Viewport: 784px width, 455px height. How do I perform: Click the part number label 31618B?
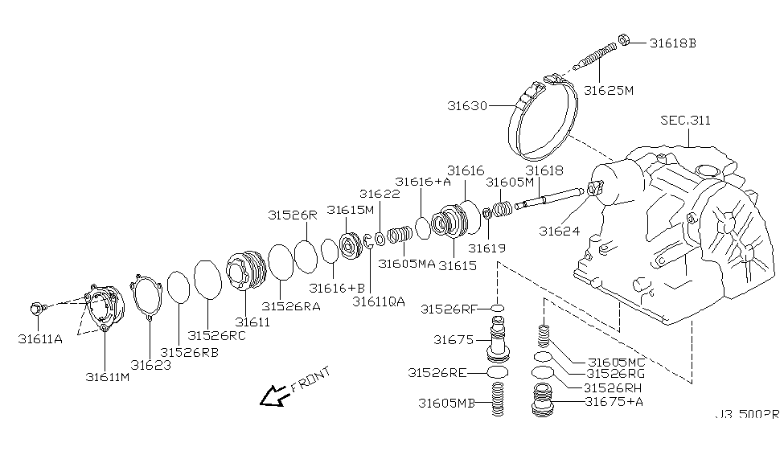672,43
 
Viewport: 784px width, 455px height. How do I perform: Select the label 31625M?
609,90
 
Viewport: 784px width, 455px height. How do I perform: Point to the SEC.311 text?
685,121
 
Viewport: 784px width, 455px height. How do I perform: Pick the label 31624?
560,231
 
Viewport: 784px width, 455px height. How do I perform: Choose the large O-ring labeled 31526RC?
207,279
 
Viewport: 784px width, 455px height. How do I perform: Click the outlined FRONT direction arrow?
274,394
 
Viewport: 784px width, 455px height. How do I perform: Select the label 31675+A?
616,400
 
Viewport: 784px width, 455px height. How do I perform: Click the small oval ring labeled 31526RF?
497,308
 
